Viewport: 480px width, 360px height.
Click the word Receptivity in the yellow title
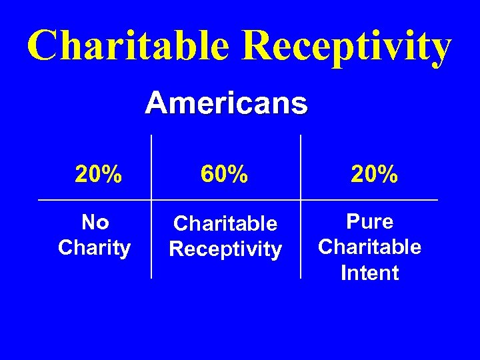click(x=347, y=47)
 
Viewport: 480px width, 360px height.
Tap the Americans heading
click(x=226, y=103)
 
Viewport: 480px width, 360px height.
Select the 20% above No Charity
click(x=98, y=175)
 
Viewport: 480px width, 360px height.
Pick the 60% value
click(x=225, y=175)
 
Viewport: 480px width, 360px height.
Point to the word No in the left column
click(x=94, y=221)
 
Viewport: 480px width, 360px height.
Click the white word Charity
click(x=94, y=248)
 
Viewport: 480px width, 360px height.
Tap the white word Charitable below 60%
click(x=225, y=223)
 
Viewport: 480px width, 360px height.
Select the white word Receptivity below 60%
click(x=225, y=249)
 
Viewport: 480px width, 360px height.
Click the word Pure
click(x=370, y=221)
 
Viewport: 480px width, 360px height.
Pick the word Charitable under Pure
click(x=370, y=247)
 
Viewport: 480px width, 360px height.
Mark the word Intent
click(x=370, y=273)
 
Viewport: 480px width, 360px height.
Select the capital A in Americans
click(x=155, y=103)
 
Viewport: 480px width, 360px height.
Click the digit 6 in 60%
click(x=207, y=175)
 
